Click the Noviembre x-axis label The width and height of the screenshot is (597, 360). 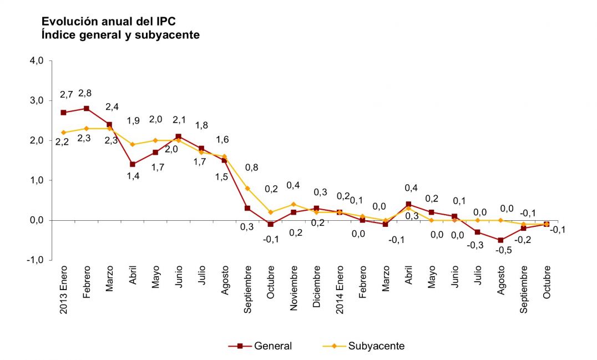pyautogui.click(x=294, y=288)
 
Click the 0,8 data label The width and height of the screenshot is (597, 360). pyautogui.click(x=251, y=167)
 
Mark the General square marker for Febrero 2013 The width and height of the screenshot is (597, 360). pyautogui.click(x=87, y=109)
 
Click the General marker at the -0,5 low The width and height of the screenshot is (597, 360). pyautogui.click(x=500, y=240)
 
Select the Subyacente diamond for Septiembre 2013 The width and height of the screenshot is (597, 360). pyautogui.click(x=247, y=188)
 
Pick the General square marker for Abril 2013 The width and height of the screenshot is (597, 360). pyautogui.click(x=133, y=164)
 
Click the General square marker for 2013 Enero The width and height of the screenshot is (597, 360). pyautogui.click(x=64, y=113)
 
